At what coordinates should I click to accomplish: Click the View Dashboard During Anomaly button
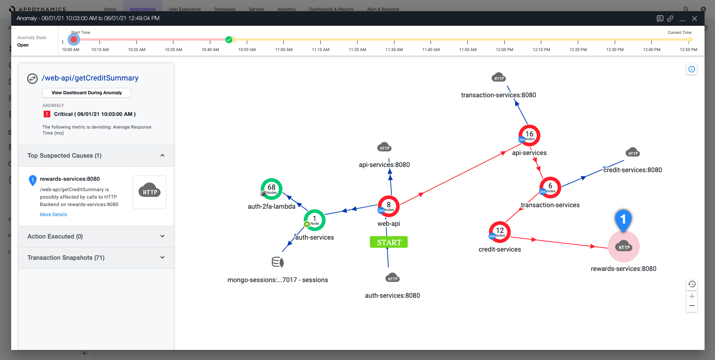point(86,93)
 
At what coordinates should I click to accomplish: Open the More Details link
point(53,215)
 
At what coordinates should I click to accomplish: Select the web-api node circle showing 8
point(388,206)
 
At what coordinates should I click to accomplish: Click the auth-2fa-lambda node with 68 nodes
point(271,189)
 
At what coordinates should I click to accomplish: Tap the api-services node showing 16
point(529,135)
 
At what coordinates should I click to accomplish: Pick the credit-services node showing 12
point(500,232)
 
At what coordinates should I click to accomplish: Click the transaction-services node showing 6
point(550,187)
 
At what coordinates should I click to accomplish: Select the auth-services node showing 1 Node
point(314,220)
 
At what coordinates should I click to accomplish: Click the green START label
point(389,242)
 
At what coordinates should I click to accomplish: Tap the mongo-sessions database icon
point(278,262)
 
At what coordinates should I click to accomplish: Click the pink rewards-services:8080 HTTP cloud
point(624,247)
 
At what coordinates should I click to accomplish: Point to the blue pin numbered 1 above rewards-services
point(623,220)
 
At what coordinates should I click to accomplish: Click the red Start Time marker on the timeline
point(74,40)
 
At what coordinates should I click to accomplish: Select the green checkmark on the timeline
point(229,40)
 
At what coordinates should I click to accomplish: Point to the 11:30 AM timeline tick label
point(394,50)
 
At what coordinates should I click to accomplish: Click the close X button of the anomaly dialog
point(694,19)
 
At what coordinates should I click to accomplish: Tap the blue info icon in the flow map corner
point(692,69)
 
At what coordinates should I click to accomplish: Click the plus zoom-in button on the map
point(692,296)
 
